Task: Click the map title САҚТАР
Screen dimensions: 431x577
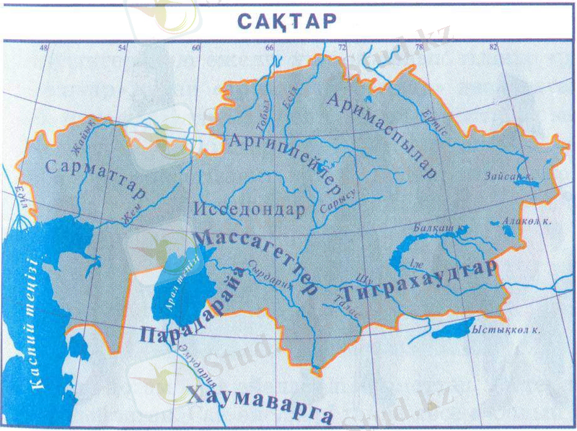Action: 287,20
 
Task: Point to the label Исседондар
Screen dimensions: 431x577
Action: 250,210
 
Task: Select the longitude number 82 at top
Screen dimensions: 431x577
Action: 493,48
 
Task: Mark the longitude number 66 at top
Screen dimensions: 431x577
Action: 269,48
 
